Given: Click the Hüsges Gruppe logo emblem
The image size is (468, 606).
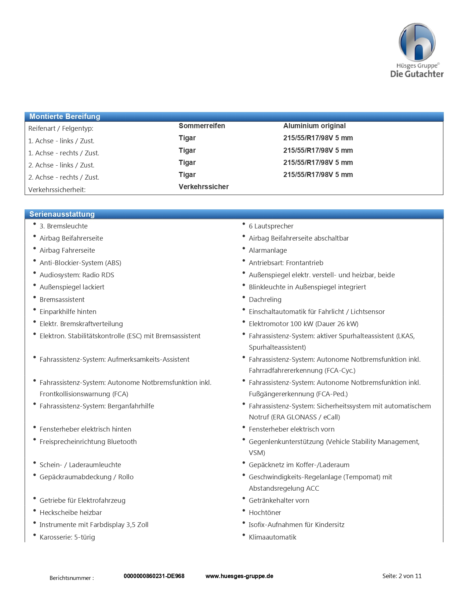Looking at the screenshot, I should click(x=417, y=42).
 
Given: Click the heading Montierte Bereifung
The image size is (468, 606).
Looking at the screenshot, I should click(x=65, y=116).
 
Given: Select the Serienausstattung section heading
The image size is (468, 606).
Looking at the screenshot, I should click(x=62, y=214).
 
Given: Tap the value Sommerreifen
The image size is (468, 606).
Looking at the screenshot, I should click(x=202, y=126).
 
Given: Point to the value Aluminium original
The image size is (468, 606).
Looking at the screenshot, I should click(x=314, y=126).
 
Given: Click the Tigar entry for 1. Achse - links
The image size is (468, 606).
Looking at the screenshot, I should click(x=187, y=138).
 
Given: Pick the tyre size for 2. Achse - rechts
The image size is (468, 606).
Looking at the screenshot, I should click(x=318, y=174).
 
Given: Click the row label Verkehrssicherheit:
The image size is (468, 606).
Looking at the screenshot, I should click(x=57, y=190).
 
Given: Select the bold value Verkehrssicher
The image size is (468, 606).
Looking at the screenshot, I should click(x=204, y=187).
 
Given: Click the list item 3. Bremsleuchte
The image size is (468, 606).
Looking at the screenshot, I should click(x=64, y=226).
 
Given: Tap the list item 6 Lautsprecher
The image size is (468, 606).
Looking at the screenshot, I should click(x=271, y=226).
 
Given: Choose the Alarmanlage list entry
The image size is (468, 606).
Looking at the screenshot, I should click(x=268, y=250).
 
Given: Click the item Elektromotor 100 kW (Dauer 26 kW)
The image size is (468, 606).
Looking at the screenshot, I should click(x=303, y=324).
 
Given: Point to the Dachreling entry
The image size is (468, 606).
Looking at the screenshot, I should click(x=265, y=299).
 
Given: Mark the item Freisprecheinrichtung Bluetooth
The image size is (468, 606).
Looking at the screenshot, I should click(x=88, y=441).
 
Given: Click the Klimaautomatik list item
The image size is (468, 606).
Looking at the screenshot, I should click(x=272, y=537).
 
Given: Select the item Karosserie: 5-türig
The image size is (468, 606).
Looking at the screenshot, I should click(x=67, y=537).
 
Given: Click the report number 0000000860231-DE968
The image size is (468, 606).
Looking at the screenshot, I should click(x=154, y=576).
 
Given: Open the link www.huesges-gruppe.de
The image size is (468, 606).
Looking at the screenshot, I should click(x=239, y=576).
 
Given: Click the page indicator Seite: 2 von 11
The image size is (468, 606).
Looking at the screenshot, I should click(x=402, y=576).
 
